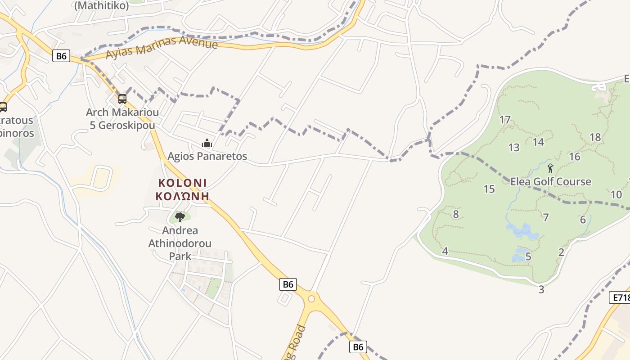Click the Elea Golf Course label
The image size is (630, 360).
(x=550, y=181)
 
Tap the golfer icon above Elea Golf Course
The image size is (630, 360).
(x=550, y=169)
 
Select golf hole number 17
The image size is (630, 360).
(x=505, y=120)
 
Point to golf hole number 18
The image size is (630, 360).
(x=595, y=137)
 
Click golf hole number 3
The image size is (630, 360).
(x=541, y=289)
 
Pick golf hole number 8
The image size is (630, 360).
(x=456, y=214)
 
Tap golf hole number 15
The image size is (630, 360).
(x=489, y=189)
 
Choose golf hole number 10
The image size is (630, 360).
(x=616, y=194)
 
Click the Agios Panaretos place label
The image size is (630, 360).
(x=207, y=156)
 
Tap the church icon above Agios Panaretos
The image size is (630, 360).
(x=207, y=144)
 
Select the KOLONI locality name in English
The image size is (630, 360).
(x=182, y=183)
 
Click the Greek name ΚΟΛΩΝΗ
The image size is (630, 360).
(x=182, y=196)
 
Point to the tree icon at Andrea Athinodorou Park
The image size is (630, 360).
(x=180, y=217)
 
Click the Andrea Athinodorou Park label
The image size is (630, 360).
(x=180, y=243)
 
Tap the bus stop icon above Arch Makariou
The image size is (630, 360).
(x=122, y=99)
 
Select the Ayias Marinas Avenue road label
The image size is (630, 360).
(x=162, y=49)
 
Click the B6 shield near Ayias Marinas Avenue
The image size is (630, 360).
(x=61, y=56)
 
